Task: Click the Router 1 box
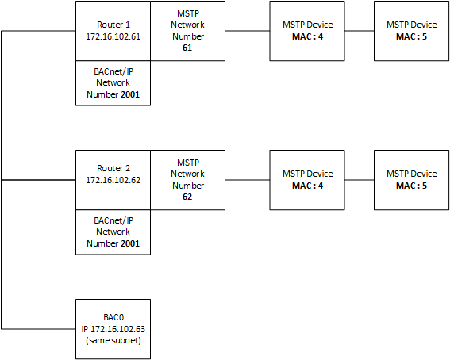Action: point(112,31)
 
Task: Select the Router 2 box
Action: point(112,180)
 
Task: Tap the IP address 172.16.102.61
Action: point(112,36)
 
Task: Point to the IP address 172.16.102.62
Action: point(112,186)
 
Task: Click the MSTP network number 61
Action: point(188,48)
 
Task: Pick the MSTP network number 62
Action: point(188,197)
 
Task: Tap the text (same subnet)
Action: point(112,340)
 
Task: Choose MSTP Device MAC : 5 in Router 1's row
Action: point(411,31)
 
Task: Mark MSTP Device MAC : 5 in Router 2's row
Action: point(411,180)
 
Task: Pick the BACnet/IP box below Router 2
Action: point(112,232)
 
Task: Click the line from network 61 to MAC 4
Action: point(248,32)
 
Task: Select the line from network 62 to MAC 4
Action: point(248,180)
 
